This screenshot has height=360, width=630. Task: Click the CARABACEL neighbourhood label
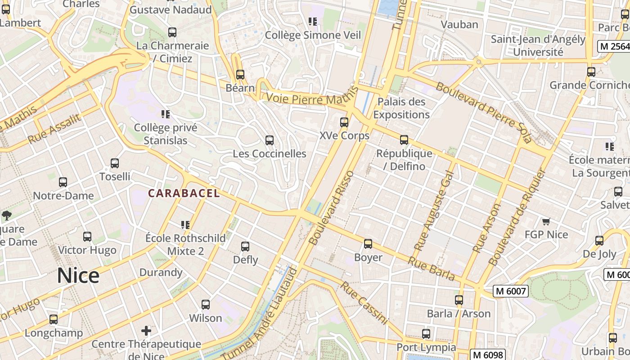coord(184,193)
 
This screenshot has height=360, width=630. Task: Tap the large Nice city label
coord(78,275)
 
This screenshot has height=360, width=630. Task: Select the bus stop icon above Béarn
coord(240,75)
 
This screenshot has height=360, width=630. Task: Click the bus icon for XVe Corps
coord(344,122)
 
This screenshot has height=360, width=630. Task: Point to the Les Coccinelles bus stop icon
coord(270,140)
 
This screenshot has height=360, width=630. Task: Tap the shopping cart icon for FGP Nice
coord(546,221)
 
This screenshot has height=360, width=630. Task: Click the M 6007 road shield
coord(510,291)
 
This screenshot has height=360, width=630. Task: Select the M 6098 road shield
coord(488,355)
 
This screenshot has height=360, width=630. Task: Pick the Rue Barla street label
coord(432,269)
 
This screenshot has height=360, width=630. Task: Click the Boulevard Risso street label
coord(332,208)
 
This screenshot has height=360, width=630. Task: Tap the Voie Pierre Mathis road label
coord(307,99)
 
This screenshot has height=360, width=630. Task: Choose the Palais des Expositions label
coord(401,108)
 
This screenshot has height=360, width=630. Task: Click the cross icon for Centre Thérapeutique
coord(146,331)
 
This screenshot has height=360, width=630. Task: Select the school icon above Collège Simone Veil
coord(313,21)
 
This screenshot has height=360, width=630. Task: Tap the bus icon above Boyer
coord(368,244)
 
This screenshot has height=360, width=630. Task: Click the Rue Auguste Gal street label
coord(434,211)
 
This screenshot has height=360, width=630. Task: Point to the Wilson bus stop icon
coord(206,305)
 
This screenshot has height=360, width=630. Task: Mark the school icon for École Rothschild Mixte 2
coord(185,225)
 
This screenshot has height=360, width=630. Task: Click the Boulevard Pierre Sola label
coord(484,112)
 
